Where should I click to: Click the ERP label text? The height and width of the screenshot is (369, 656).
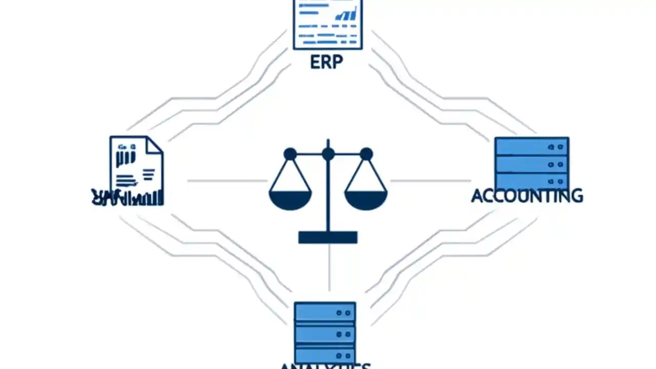tap(326, 62)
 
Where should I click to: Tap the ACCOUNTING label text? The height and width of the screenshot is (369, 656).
tap(527, 195)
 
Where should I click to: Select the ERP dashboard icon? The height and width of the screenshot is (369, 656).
tap(327, 24)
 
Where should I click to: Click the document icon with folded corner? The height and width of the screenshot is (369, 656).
tap(136, 167)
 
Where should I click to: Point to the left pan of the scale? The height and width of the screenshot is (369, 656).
tap(290, 199)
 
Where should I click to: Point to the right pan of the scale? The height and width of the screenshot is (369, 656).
tap(366, 199)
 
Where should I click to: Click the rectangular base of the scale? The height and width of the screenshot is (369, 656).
tap(328, 237)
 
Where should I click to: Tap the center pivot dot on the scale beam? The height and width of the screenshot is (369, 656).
tap(328, 154)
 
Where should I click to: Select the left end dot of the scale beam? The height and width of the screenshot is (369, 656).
tap(290, 154)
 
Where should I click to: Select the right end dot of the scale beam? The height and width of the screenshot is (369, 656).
tap(366, 154)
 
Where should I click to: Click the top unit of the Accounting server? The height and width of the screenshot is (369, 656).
tap(531, 147)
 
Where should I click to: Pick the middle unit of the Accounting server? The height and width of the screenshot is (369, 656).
tap(531, 165)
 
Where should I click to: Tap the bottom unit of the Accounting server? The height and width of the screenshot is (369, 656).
tap(531, 181)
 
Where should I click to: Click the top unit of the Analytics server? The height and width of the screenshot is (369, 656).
tap(325, 312)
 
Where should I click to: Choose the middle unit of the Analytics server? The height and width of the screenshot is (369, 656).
tap(325, 333)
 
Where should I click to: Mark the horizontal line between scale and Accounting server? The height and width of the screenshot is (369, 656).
tap(430, 181)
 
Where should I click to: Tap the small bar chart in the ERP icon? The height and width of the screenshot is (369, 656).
tap(346, 14)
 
